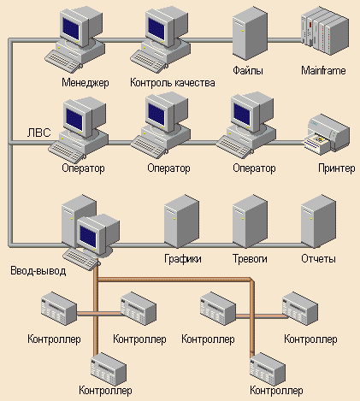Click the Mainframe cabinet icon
coord(325,32)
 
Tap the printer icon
coord(327,134)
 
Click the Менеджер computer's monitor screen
coord(71,29)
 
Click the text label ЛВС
coord(39,133)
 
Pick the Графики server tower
coord(181,221)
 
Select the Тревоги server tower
coord(250,221)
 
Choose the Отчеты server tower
coord(318,221)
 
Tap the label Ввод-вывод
coord(38,270)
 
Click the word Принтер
coord(337,168)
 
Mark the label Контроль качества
coord(173,83)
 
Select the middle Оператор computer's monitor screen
coord(156,115)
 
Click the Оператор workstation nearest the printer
coord(246,126)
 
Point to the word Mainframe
coord(323,70)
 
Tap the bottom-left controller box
coord(109,369)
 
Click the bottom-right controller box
coord(268,369)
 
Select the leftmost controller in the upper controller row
coord(59,309)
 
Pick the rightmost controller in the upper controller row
coord(300,309)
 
